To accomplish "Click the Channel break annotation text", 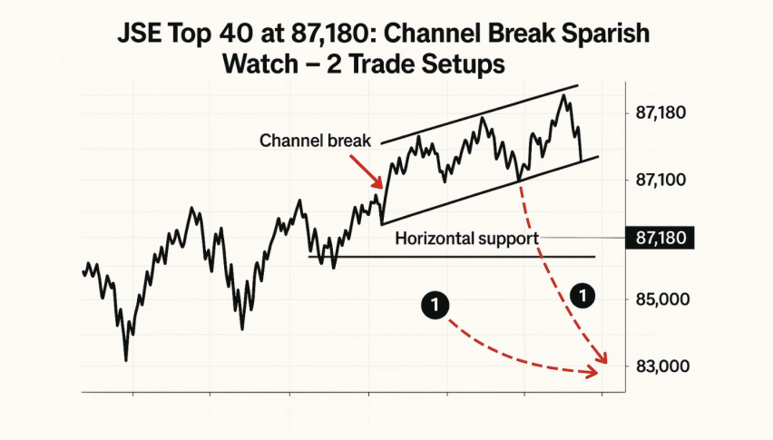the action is pyautogui.click(x=315, y=141).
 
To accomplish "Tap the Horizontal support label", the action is pyautogui.click(x=467, y=239).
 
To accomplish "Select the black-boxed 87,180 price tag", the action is pyautogui.click(x=660, y=238).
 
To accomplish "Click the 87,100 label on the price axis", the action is pyautogui.click(x=660, y=180).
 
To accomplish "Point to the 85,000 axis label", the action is pyautogui.click(x=662, y=299).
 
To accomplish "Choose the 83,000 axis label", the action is pyautogui.click(x=662, y=367).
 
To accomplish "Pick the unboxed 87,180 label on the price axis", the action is pyautogui.click(x=660, y=112).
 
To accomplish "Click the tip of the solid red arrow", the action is pyautogui.click(x=382, y=188).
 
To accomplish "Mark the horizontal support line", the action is pyautogui.click(x=452, y=257).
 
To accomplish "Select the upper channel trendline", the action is pyautogui.click(x=479, y=114).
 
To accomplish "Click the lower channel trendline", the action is pyautogui.click(x=490, y=191).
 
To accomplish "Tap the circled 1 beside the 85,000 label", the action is pyautogui.click(x=582, y=296).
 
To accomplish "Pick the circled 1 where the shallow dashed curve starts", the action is pyautogui.click(x=435, y=306).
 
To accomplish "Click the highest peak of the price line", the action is pyautogui.click(x=563, y=94).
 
